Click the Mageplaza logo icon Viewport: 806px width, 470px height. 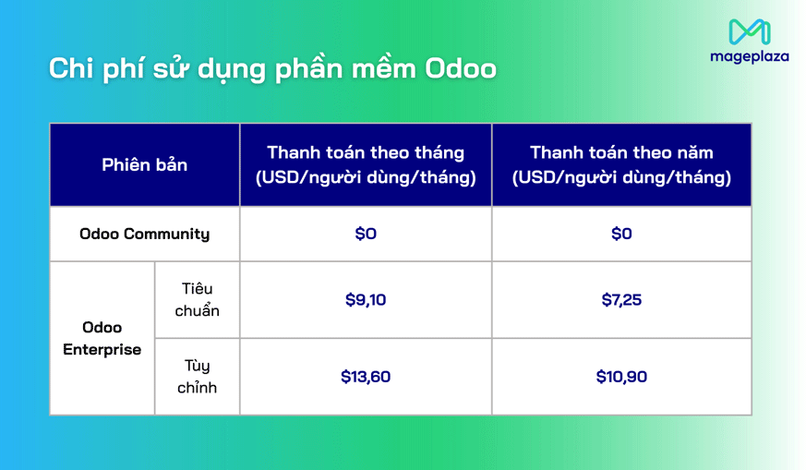(749, 31)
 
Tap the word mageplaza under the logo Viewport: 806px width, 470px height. (749, 56)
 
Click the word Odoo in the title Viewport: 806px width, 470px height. (460, 69)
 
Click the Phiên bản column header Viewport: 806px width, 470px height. (144, 164)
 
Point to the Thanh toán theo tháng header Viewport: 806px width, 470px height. (366, 152)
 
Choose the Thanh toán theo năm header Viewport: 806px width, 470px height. (621, 152)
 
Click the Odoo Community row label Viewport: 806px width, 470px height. (144, 234)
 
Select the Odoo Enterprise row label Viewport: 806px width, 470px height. (102, 338)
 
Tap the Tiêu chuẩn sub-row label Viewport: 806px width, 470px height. (197, 300)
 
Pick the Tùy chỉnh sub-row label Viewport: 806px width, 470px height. (197, 377)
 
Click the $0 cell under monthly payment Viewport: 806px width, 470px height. (366, 234)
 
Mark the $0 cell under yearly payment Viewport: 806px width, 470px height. (621, 234)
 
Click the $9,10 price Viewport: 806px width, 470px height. (366, 300)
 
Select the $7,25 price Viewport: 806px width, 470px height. (621, 300)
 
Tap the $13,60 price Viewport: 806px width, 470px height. (366, 377)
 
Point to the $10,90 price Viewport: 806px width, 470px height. (621, 377)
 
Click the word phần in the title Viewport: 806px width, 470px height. (309, 69)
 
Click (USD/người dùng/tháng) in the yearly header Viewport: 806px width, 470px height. (621, 176)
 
